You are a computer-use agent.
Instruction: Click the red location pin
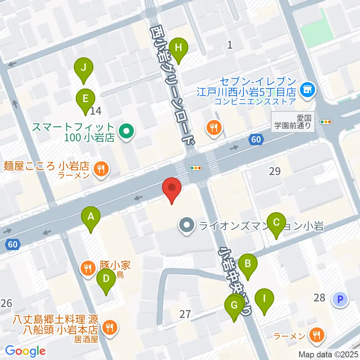pyautogui.click(x=172, y=188)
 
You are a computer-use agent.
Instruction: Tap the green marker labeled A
pyautogui.click(x=90, y=217)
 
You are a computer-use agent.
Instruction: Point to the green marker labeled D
pyautogui.click(x=106, y=279)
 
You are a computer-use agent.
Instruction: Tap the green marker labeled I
pyautogui.click(x=264, y=300)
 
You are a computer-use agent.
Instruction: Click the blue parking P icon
pyautogui.click(x=340, y=299)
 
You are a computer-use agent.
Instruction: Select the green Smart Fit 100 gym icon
pyautogui.click(x=126, y=132)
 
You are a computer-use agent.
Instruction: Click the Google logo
pyautogui.click(x=25, y=351)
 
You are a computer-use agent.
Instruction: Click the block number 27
pyautogui.click(x=185, y=314)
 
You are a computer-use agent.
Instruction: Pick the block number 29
pyautogui.click(x=274, y=171)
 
